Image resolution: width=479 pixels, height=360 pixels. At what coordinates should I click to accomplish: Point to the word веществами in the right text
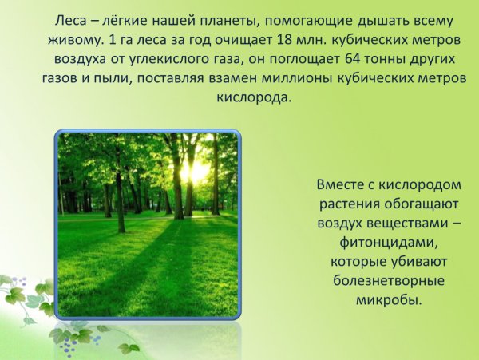pyautogui.click(x=396, y=223)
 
